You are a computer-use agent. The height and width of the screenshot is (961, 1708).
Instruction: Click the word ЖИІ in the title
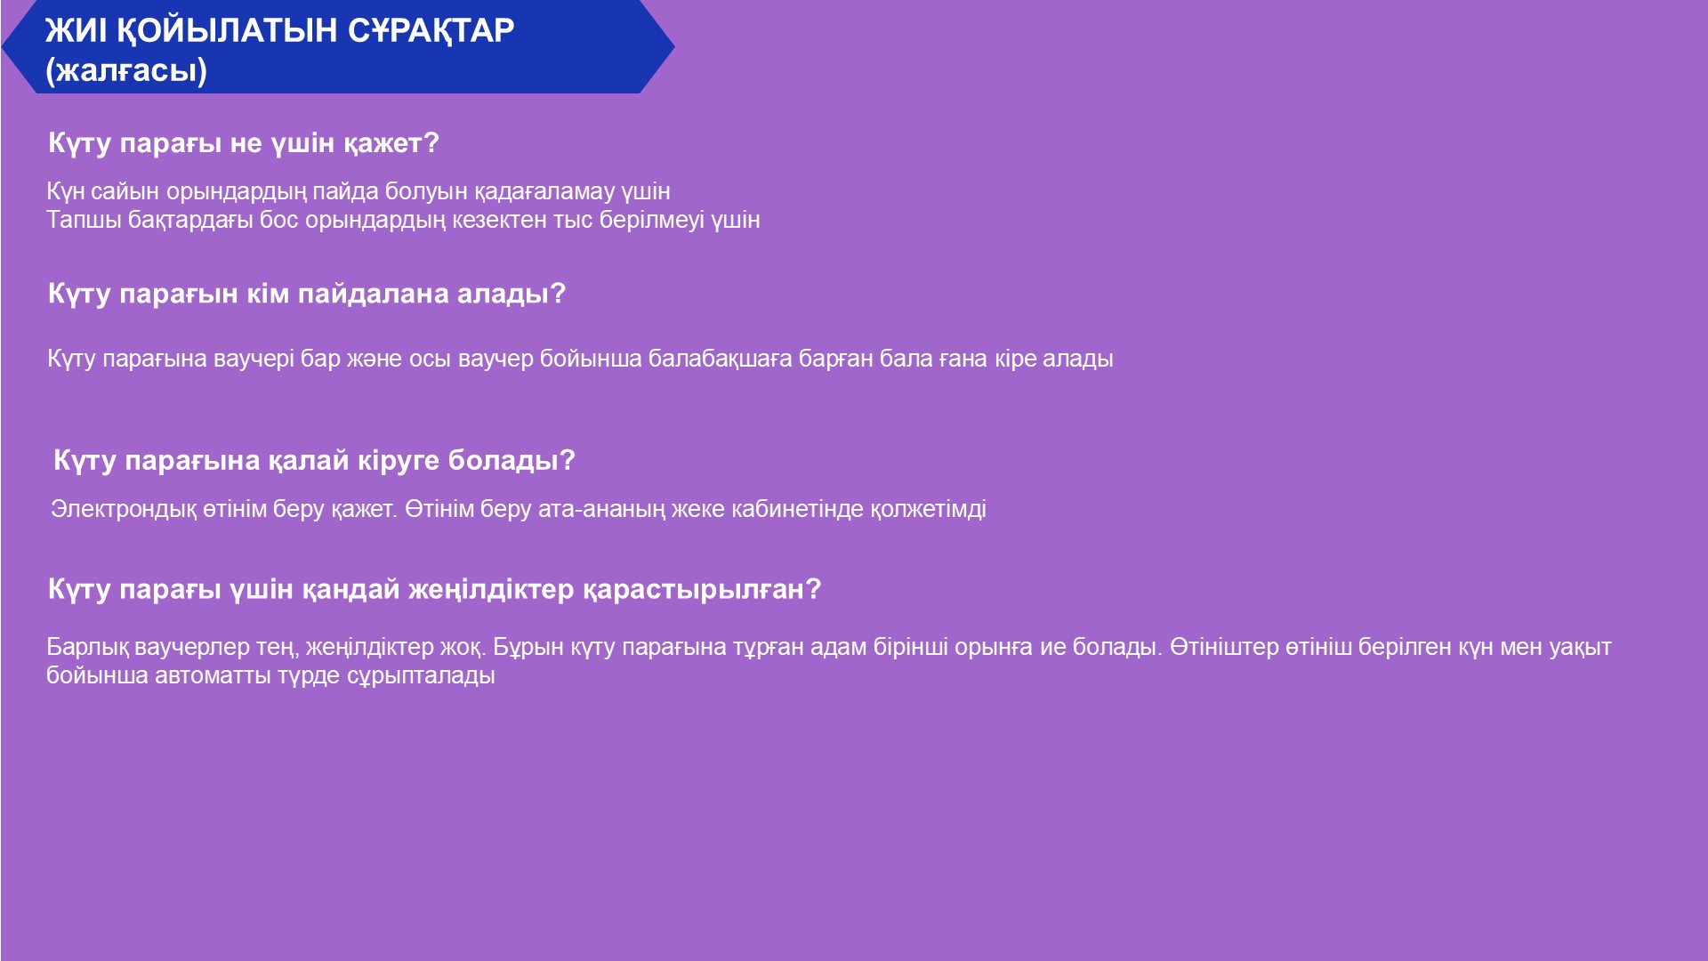(x=77, y=30)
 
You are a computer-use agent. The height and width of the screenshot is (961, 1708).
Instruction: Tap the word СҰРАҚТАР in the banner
(x=431, y=31)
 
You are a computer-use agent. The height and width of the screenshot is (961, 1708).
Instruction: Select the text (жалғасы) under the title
(x=126, y=70)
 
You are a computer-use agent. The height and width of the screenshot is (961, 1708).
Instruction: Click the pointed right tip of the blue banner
(x=673, y=46)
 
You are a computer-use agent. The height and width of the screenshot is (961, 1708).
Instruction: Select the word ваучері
(x=254, y=359)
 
